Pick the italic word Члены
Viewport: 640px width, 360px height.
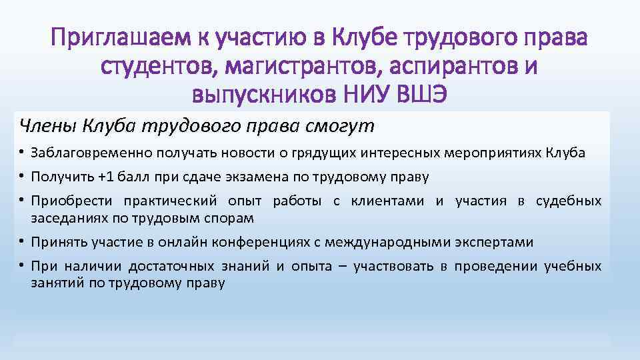click(x=43, y=125)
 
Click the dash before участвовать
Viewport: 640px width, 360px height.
click(x=343, y=267)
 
